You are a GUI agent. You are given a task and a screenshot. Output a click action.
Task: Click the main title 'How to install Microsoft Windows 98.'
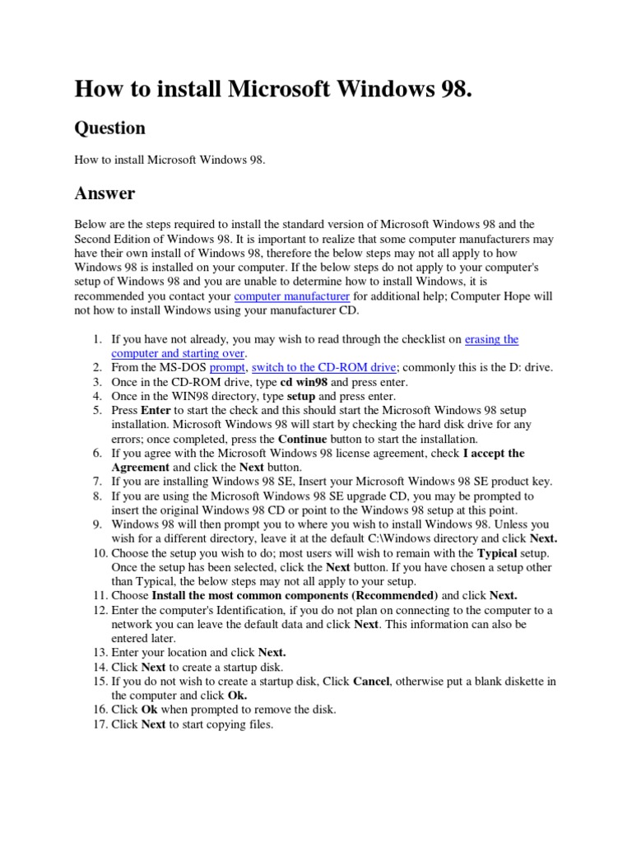[274, 89]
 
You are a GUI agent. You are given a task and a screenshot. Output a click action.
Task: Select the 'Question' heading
[109, 128]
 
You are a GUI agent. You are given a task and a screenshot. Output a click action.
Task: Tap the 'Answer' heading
[105, 193]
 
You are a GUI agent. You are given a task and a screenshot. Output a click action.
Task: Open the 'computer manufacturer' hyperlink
[291, 296]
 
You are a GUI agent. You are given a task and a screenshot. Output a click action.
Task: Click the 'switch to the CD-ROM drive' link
[324, 367]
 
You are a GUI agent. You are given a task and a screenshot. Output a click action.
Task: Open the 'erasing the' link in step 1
[491, 339]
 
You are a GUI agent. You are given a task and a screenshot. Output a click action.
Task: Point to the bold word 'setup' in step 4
[301, 396]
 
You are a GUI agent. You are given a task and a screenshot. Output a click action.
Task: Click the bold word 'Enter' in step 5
[156, 410]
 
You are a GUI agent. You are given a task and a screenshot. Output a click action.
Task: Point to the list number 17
[97, 724]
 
